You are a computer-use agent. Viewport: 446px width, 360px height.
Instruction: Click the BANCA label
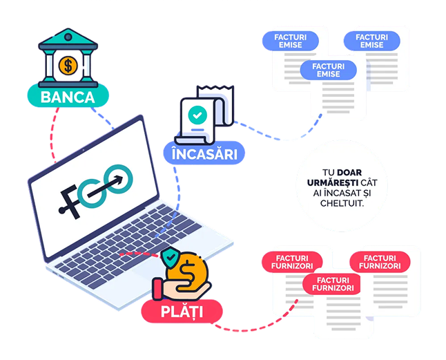[67, 97]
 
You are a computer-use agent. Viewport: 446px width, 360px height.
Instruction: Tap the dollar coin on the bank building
[68, 66]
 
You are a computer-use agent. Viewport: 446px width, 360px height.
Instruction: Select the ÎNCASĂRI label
[204, 153]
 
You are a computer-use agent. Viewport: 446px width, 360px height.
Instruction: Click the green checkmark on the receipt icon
[197, 113]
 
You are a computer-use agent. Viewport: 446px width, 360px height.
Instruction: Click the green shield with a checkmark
[170, 258]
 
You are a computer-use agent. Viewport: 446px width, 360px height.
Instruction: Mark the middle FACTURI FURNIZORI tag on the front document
[333, 283]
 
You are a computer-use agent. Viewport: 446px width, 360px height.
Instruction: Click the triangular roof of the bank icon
[67, 39]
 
